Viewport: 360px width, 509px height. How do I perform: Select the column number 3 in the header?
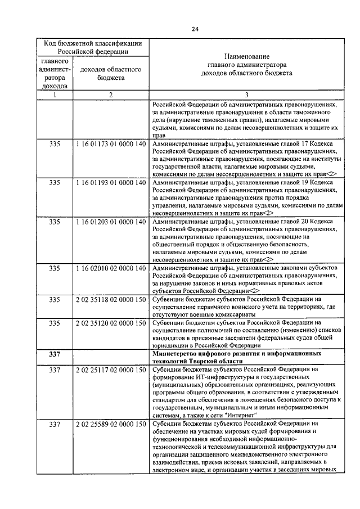(246, 94)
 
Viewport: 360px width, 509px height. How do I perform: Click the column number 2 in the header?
(111, 94)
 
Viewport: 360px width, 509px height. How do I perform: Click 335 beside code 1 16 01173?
(55, 144)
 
